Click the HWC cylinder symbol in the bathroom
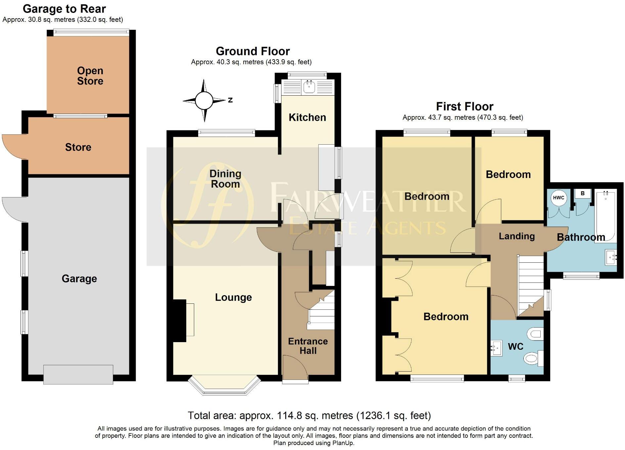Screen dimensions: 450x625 pyautogui.click(x=558, y=198)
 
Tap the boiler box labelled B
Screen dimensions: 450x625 pyautogui.click(x=582, y=194)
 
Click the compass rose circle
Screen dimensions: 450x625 pyautogui.click(x=204, y=101)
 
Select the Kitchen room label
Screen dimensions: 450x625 pyautogui.click(x=307, y=117)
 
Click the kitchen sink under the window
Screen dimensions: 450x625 pyautogui.click(x=309, y=87)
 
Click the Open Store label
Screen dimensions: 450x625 pyautogui.click(x=90, y=76)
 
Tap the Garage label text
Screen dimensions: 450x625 pyautogui.click(x=79, y=279)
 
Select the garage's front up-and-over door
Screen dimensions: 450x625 pyautogui.click(x=78, y=374)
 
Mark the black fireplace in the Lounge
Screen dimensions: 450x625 pyautogui.click(x=180, y=321)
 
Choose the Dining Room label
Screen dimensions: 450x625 pyautogui.click(x=225, y=179)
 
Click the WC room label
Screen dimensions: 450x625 pyautogui.click(x=515, y=346)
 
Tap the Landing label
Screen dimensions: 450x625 pyautogui.click(x=516, y=236)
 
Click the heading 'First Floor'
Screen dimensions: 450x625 pyautogui.click(x=465, y=107)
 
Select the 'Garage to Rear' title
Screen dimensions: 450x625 pyautogui.click(x=64, y=9)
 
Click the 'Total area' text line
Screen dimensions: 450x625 pyautogui.click(x=309, y=415)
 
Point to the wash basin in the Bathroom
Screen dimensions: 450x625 pyautogui.click(x=611, y=257)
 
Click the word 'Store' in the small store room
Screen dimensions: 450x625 pyautogui.click(x=78, y=147)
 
